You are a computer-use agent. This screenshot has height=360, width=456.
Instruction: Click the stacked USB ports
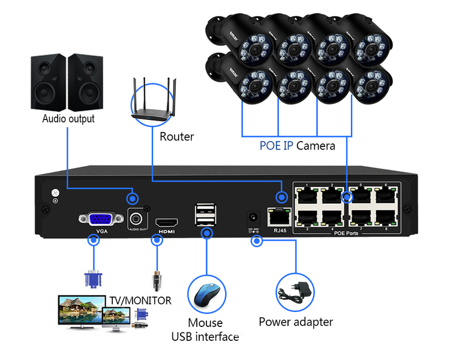pyautogui.click(x=205, y=214)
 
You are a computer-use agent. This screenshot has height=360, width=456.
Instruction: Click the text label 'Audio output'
pyautogui.click(x=68, y=119)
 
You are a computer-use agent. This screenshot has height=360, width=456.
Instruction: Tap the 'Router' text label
pyautogui.click(x=177, y=137)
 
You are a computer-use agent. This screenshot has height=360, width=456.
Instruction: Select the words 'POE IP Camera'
pyautogui.click(x=297, y=145)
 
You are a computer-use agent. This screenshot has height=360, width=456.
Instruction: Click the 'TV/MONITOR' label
pyautogui.click(x=140, y=301)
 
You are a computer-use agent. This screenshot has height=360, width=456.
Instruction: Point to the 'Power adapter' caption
pyautogui.click(x=296, y=322)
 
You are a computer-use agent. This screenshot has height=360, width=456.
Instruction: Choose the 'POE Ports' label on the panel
pyautogui.click(x=346, y=233)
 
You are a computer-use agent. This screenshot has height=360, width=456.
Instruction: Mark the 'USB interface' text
pyautogui.click(x=205, y=337)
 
